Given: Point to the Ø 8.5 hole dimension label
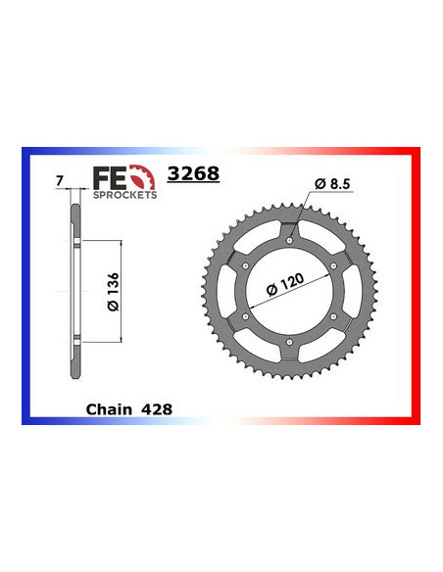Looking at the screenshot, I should click(332, 184).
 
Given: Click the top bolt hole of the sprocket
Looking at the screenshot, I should click(291, 231).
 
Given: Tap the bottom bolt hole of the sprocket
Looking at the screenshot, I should click(291, 345).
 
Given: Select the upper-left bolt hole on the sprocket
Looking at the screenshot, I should click(242, 260).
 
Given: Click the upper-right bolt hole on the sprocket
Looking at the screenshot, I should click(340, 260).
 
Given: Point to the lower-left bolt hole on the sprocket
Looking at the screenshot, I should click(242, 316).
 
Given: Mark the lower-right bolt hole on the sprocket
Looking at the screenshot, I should click(340, 316).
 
